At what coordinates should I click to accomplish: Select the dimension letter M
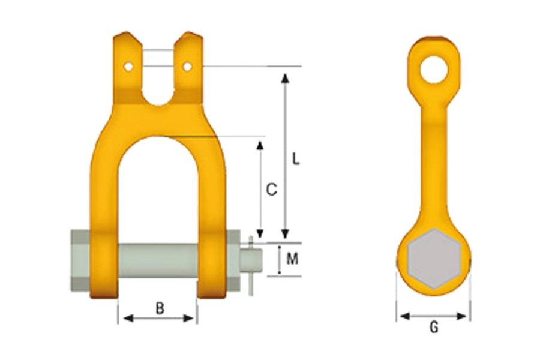tap(292, 259)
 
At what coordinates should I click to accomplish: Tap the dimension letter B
tap(160, 308)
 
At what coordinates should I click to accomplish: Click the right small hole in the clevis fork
tap(188, 67)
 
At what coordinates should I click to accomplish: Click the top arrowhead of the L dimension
tap(286, 76)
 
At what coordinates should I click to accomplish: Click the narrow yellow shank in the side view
tap(434, 156)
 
